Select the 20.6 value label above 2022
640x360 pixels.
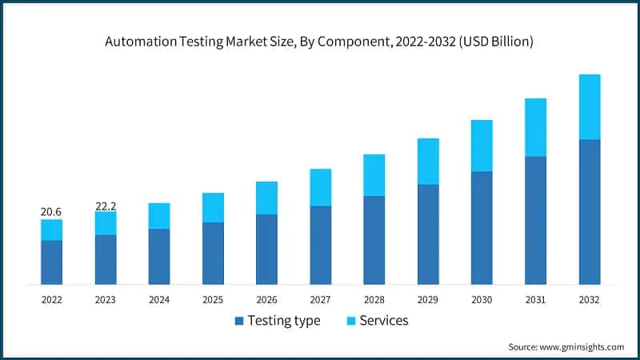[x=51, y=212]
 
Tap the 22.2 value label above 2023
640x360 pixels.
[x=106, y=206]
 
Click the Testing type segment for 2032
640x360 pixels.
[x=589, y=212]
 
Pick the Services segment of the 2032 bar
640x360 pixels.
[x=589, y=106]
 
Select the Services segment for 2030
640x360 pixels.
[x=482, y=146]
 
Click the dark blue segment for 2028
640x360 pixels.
[x=374, y=240]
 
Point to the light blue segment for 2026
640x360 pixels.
[x=266, y=198]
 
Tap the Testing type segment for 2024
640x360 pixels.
[x=159, y=256]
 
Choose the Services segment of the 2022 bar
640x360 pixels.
[x=51, y=230]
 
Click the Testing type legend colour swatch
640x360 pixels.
[x=238, y=321]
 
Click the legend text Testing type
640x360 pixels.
[x=284, y=321]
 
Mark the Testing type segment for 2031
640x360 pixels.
[x=535, y=220]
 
